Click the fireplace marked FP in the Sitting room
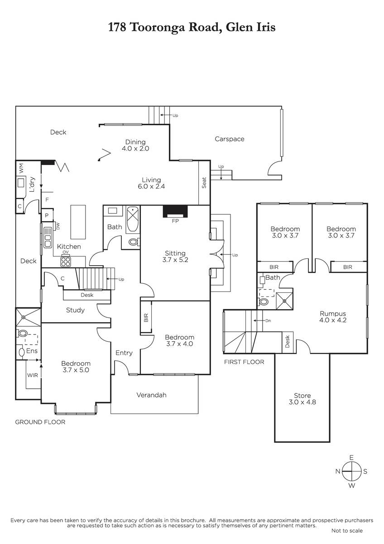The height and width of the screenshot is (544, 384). click(x=175, y=212)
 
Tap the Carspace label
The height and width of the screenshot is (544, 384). click(x=229, y=139)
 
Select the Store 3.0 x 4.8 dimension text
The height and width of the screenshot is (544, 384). click(x=302, y=402)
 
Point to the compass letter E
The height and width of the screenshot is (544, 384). click(x=351, y=457)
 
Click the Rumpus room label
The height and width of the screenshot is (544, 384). click(x=332, y=314)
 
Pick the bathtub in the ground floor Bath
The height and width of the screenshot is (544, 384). click(x=133, y=219)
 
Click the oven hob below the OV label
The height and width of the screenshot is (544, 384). click(x=66, y=262)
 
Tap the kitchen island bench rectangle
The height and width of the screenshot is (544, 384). click(x=78, y=222)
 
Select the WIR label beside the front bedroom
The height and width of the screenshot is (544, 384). click(x=32, y=375)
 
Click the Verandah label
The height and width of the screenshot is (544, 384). click(x=151, y=395)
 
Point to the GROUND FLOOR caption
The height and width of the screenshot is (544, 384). click(x=40, y=422)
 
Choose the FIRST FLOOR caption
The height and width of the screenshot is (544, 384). click(x=244, y=362)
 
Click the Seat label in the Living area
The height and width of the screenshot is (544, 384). click(x=204, y=183)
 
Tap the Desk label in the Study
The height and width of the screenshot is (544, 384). click(x=87, y=295)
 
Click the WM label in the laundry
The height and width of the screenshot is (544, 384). click(x=22, y=168)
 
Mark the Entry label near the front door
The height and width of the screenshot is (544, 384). click(x=124, y=353)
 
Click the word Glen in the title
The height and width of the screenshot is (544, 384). click(x=237, y=27)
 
